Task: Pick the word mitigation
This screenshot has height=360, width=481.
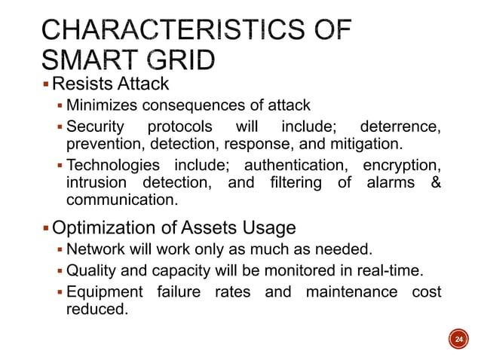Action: point(375,143)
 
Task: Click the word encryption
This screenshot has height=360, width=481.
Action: point(401,165)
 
